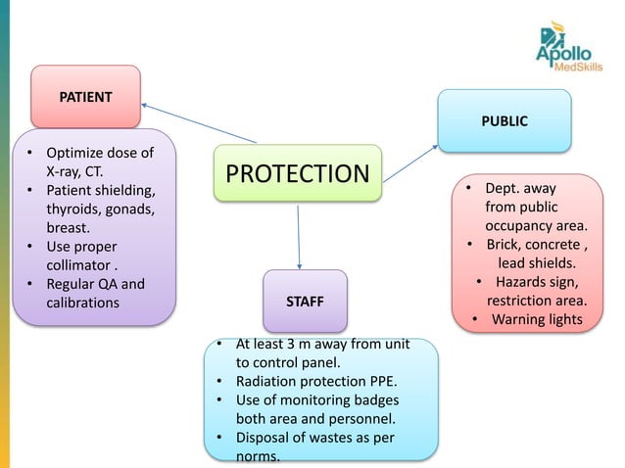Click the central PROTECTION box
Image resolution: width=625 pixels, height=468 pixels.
[298, 174]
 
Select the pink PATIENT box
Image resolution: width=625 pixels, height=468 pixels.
[85, 98]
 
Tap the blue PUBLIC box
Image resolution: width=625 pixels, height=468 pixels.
[504, 121]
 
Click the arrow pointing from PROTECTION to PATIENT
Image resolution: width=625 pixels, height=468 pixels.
[196, 121]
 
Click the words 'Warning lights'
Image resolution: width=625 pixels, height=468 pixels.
[537, 319]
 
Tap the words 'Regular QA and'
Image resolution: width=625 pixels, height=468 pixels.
[95, 285]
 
